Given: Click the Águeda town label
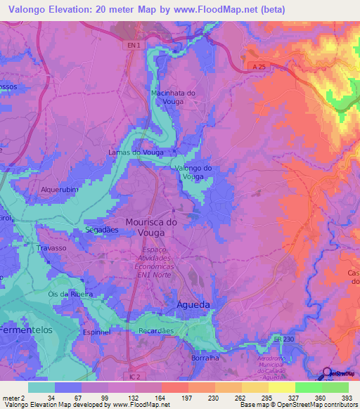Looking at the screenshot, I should point(189,305).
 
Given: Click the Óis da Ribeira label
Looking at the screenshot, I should point(70,294).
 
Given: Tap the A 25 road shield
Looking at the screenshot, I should point(257,65).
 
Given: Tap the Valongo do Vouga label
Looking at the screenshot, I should point(193,172).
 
